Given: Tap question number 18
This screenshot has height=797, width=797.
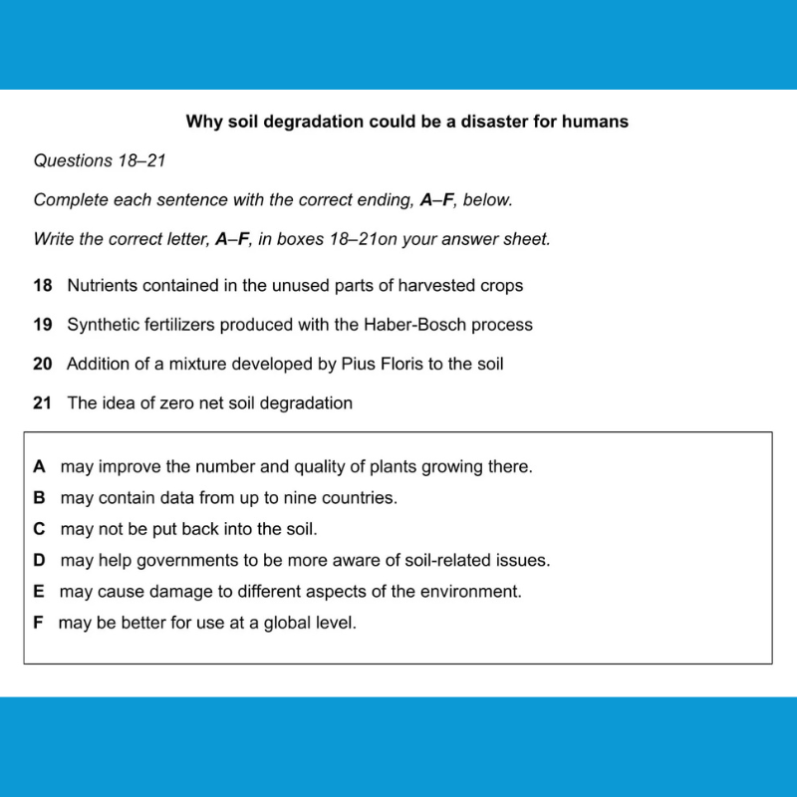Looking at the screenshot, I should coord(42,285).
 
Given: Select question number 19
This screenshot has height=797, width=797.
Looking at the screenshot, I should coord(42,325).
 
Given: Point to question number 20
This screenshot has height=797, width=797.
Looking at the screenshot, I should coord(42,364).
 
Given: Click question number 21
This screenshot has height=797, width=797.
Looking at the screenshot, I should coord(42,403).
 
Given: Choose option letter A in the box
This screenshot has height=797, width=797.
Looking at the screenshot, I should coord(40,466).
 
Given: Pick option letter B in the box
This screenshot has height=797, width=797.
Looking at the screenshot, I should coord(40,497).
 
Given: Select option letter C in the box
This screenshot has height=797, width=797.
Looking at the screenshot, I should coord(40,529).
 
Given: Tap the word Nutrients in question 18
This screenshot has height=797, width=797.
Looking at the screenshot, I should coord(104,285).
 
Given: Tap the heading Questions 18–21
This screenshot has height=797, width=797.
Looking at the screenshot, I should coord(99,160).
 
